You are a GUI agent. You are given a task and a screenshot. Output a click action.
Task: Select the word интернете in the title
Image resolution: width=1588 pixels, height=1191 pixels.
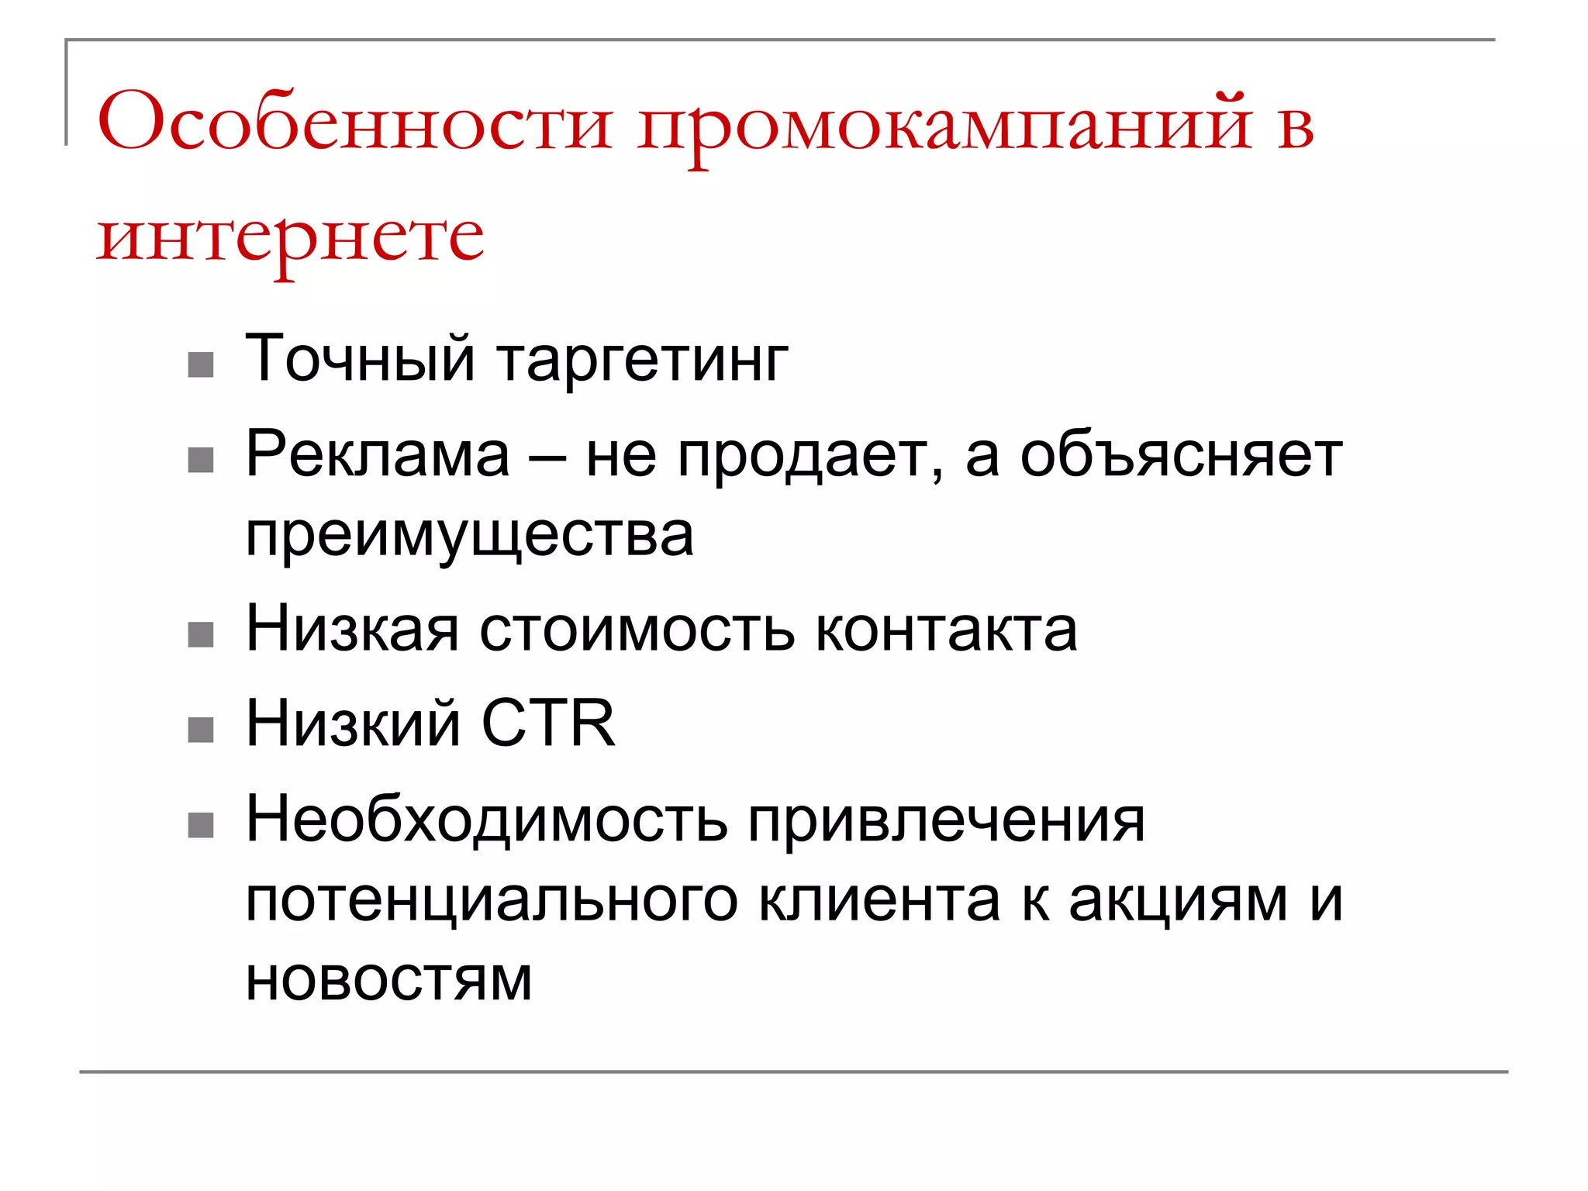coord(291,236)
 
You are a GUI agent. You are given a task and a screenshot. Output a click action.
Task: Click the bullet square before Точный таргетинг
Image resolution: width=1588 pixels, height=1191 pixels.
coord(201,364)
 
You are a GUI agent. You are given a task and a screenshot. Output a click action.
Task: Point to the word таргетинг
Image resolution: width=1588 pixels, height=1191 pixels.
coord(642,361)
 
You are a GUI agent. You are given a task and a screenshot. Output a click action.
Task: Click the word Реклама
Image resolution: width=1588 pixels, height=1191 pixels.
coord(378,455)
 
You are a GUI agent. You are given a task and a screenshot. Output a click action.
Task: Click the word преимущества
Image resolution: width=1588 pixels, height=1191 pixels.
coord(469,537)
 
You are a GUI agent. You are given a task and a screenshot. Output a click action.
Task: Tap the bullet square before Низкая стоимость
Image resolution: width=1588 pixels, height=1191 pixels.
coord(201,635)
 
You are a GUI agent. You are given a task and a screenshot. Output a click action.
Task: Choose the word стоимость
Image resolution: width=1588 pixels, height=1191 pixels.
coord(637,630)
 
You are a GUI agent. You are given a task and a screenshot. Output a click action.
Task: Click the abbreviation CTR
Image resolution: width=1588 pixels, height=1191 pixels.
coord(548,724)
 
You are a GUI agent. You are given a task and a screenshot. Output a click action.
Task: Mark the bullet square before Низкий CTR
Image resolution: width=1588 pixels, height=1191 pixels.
coord(201,730)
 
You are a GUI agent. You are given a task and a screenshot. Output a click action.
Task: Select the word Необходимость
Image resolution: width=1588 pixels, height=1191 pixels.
coord(486,820)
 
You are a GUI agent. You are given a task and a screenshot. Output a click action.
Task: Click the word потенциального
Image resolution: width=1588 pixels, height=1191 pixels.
coord(492,902)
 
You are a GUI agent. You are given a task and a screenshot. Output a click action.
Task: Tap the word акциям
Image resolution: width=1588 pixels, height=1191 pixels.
coord(1178,902)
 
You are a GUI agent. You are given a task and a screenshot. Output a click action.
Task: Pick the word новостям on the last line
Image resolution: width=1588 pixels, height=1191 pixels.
coord(388,980)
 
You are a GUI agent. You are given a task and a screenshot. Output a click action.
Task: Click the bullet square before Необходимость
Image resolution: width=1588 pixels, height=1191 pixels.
coord(201,825)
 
